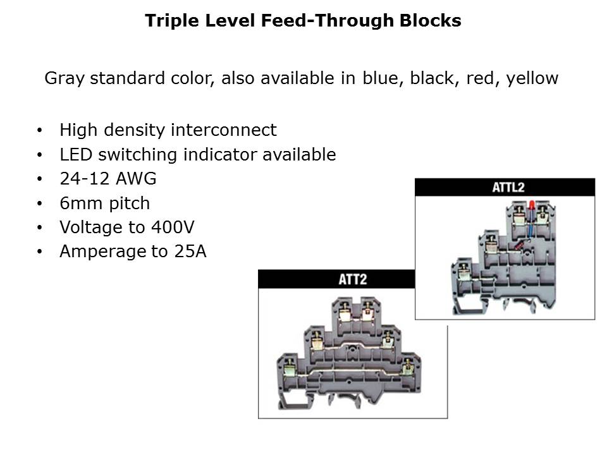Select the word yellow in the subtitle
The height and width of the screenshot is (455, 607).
click(x=532, y=78)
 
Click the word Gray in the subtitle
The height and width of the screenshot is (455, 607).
click(x=64, y=78)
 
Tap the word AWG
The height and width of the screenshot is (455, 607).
click(x=136, y=179)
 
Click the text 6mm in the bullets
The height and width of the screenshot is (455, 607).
click(x=80, y=203)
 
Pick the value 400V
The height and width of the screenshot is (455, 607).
click(x=173, y=227)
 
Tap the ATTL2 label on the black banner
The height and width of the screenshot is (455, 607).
click(x=508, y=188)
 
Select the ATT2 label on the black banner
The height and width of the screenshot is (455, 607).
click(x=353, y=279)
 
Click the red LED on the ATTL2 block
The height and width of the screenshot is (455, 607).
click(x=532, y=205)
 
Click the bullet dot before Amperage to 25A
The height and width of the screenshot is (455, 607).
click(x=39, y=252)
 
